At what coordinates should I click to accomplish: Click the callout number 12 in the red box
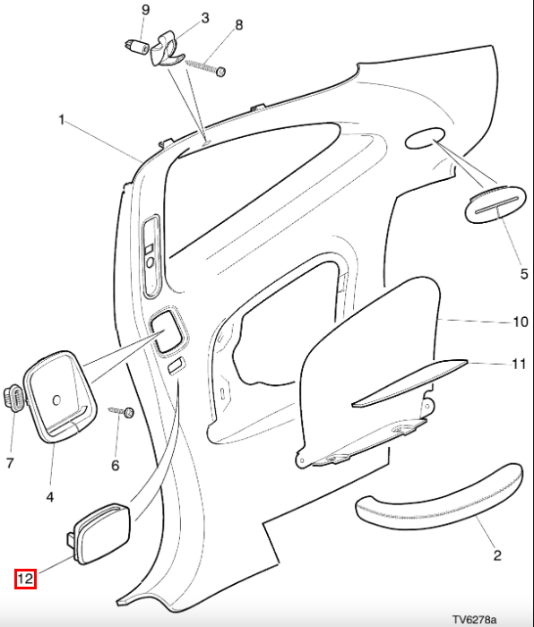25,579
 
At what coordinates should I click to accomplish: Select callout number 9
146,10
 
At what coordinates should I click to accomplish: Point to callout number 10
520,322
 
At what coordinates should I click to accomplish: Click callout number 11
519,364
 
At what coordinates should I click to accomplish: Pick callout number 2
497,555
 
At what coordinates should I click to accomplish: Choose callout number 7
11,463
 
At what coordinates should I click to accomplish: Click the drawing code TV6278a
474,620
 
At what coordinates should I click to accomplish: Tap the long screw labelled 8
205,67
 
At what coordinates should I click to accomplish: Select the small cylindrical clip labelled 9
138,47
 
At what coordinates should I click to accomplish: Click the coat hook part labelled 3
166,50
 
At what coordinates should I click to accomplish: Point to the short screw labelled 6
122,411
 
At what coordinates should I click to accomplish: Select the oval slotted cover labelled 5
495,204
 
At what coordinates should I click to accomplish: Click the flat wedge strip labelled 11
409,382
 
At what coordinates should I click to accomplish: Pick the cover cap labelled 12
99,534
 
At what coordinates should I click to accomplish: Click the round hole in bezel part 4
56,399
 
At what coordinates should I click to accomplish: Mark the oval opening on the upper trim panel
425,138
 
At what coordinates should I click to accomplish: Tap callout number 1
61,119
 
